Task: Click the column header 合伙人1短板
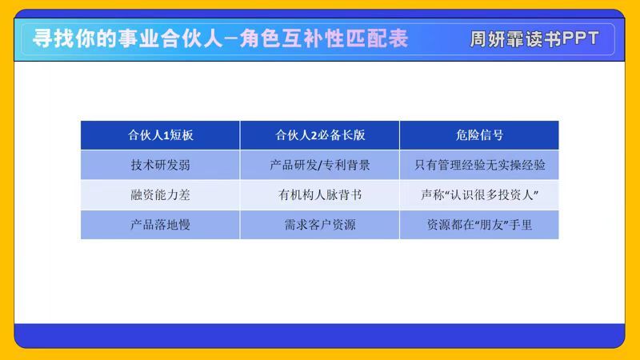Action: point(161,135)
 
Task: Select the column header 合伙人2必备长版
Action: point(320,135)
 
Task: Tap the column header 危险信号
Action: point(479,135)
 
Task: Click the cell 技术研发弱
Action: point(161,165)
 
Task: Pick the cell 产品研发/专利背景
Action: point(320,165)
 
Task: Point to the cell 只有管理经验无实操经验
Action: point(479,165)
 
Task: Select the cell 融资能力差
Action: point(161,194)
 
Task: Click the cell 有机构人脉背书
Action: point(320,194)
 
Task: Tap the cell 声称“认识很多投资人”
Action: point(479,194)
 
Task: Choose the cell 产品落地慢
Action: point(161,225)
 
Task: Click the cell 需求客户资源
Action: point(320,225)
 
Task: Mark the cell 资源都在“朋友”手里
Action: point(479,225)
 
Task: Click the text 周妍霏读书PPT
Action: point(534,39)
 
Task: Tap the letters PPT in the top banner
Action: point(581,38)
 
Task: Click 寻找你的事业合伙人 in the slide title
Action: point(128,38)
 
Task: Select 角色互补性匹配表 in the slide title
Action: point(324,38)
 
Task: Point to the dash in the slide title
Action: point(231,39)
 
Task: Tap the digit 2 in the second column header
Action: point(314,135)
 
